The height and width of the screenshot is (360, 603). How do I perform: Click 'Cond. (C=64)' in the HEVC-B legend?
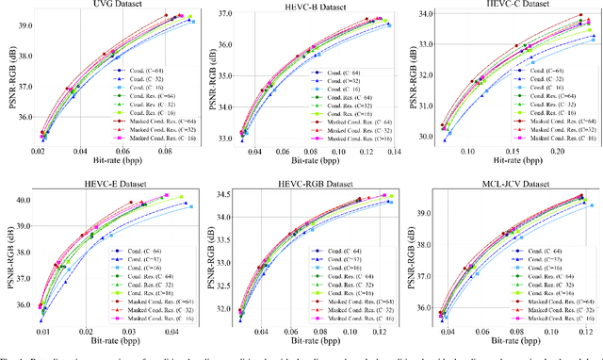pyautogui.click(x=348, y=69)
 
